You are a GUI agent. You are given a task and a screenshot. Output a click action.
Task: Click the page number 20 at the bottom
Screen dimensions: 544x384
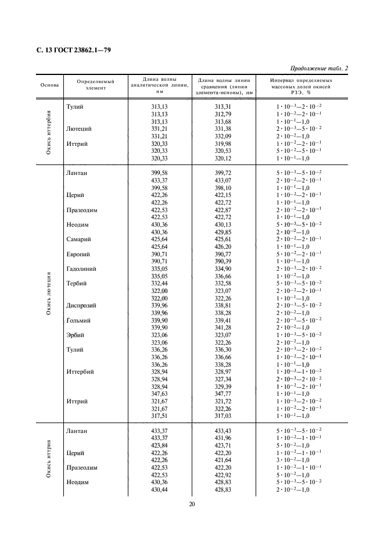tap(192, 504)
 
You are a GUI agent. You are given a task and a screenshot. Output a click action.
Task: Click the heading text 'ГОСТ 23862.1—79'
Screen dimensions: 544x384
tap(80, 50)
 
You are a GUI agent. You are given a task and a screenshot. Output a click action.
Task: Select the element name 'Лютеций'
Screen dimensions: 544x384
tap(80, 128)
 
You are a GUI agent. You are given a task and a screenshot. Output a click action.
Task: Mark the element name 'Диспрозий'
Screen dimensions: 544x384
tap(82, 305)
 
